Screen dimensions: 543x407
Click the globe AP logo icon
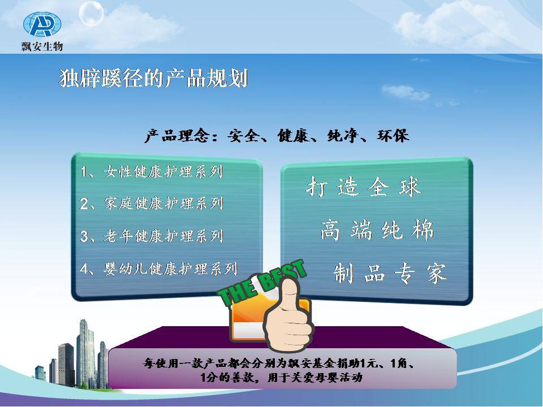(42, 24)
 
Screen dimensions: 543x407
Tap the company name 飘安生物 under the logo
(42, 46)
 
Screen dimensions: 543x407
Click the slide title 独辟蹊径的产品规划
(153, 78)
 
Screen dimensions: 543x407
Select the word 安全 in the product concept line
(243, 135)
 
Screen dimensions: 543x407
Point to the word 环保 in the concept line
(393, 135)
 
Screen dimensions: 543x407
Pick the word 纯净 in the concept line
(343, 135)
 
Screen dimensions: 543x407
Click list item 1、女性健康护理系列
(152, 172)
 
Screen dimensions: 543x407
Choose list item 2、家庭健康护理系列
(152, 203)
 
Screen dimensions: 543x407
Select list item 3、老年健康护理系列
(152, 236)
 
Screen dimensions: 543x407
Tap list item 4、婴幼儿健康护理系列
(159, 269)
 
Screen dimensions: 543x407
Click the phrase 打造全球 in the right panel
(364, 187)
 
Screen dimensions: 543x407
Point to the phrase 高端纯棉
(377, 230)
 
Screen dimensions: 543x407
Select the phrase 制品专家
(390, 274)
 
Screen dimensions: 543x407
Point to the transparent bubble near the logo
(91, 14)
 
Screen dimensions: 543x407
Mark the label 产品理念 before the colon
(176, 135)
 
